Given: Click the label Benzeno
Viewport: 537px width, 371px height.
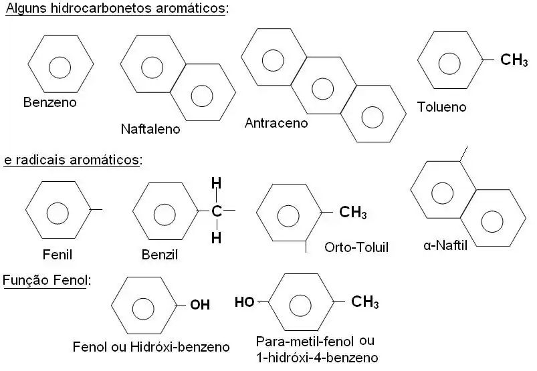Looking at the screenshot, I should click(x=49, y=103).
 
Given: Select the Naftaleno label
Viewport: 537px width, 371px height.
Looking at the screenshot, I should click(x=150, y=129).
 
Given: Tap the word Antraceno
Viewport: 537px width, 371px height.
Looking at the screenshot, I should click(x=276, y=123).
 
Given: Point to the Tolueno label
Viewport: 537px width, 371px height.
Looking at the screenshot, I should click(x=441, y=107).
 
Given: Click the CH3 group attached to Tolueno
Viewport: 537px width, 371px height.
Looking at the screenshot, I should click(x=514, y=61).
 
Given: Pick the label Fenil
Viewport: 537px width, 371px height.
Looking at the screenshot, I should click(x=57, y=255).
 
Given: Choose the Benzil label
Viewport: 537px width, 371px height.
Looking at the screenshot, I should click(x=160, y=255).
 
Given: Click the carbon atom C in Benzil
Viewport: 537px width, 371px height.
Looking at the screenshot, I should click(x=216, y=212).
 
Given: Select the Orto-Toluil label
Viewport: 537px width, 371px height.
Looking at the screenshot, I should click(x=356, y=247).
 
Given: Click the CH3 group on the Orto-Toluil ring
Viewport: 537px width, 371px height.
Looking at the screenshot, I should click(x=352, y=213).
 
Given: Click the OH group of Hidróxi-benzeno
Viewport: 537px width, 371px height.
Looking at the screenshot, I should click(x=199, y=305).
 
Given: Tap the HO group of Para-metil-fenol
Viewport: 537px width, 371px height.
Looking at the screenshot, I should click(x=244, y=301).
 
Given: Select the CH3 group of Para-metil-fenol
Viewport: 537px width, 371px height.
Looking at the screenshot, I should click(x=364, y=302).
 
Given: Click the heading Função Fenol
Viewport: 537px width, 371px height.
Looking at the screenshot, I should click(x=45, y=279).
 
